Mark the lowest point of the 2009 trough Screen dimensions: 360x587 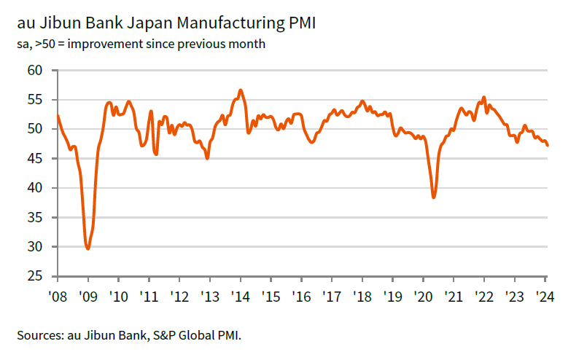click(x=88, y=249)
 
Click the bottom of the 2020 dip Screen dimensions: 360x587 click(x=434, y=197)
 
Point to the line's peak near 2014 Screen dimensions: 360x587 click(x=241, y=90)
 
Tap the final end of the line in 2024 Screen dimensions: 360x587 click(x=548, y=145)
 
